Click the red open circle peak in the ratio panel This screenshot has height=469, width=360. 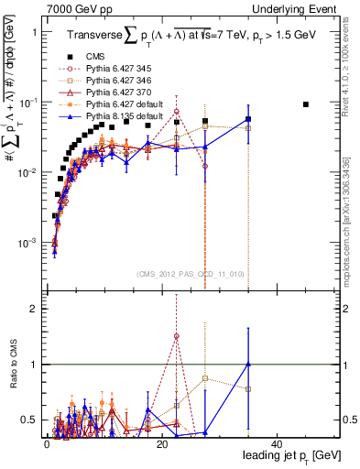(177, 336)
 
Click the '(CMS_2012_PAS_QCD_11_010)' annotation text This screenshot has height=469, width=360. (190, 274)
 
